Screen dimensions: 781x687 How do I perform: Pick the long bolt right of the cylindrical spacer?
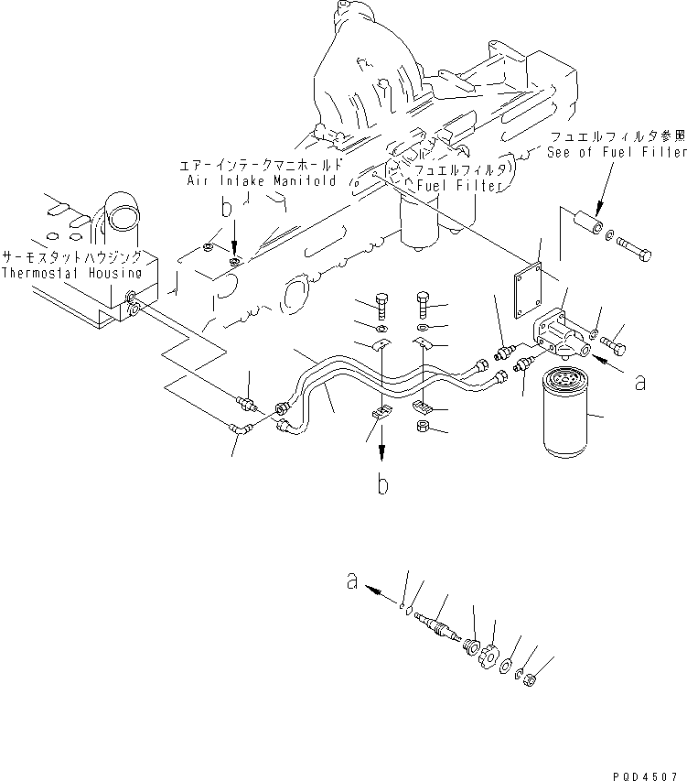pyautogui.click(x=634, y=250)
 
